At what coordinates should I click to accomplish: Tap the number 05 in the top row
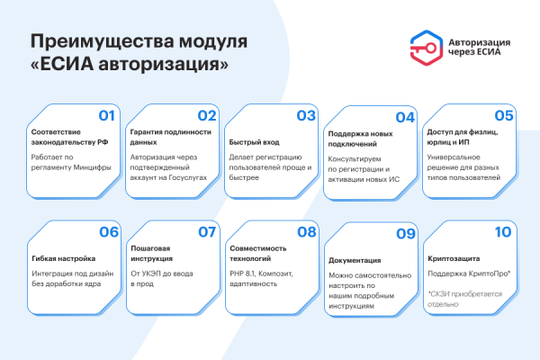503,115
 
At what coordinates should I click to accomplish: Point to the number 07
208,231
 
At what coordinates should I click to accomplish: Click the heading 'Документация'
354,258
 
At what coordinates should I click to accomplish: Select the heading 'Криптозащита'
454,256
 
